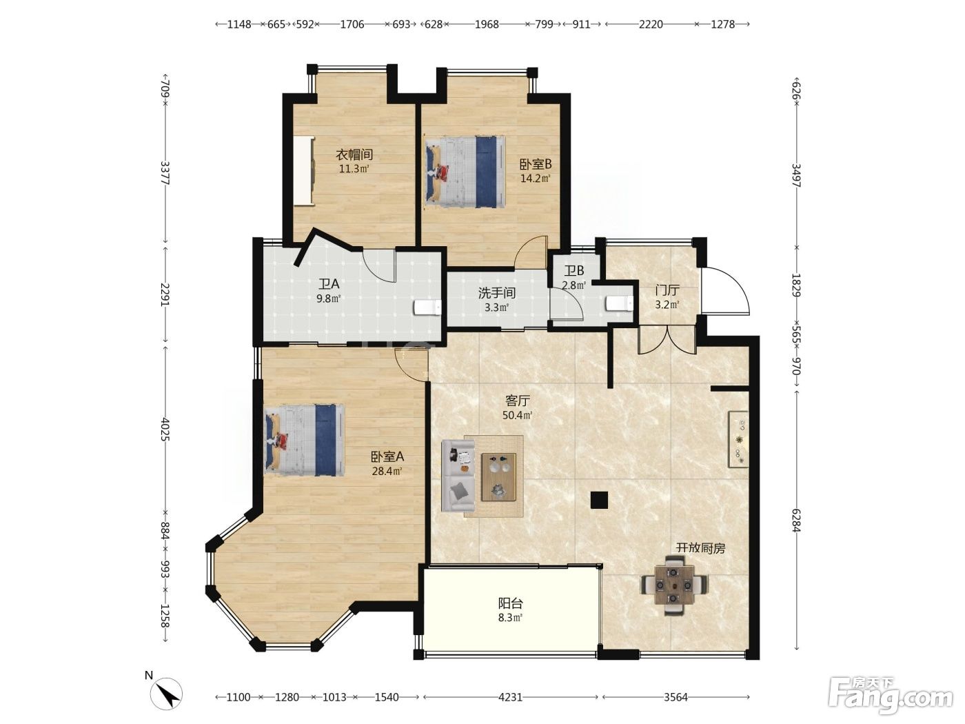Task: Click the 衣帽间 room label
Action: (x=354, y=154)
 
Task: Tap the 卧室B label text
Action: (x=536, y=164)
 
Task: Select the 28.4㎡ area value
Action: (x=387, y=472)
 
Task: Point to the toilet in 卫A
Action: (x=427, y=308)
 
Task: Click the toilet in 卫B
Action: (x=619, y=303)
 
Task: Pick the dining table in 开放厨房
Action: (x=674, y=585)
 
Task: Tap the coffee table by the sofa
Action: (x=498, y=477)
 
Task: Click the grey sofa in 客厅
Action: (x=458, y=476)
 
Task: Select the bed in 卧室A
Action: (x=304, y=441)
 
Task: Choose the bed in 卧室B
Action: (x=465, y=171)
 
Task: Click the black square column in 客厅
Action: (x=599, y=500)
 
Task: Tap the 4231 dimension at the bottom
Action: (x=510, y=696)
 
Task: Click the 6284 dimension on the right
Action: (x=796, y=521)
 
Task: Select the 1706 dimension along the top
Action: (x=352, y=24)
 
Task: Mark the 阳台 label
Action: (x=511, y=603)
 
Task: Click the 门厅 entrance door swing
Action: (x=725, y=290)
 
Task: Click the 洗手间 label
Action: (x=497, y=293)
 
